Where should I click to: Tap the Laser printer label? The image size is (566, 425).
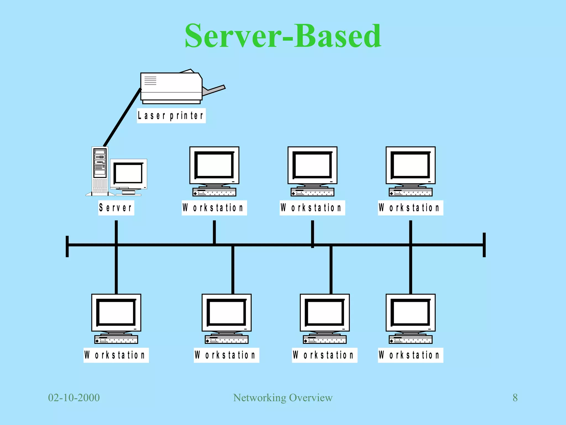[171, 116]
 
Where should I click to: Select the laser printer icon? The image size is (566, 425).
[171, 87]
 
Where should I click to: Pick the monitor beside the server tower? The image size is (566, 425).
[129, 174]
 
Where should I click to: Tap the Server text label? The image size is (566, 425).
[116, 208]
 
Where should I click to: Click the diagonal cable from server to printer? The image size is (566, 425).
[122, 118]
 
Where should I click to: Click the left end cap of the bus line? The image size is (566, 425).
[67, 246]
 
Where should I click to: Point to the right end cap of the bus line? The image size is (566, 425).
[484, 245]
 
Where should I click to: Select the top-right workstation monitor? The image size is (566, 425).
[410, 165]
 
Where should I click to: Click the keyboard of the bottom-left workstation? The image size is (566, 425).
[116, 340]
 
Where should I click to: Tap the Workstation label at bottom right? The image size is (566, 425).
[410, 355]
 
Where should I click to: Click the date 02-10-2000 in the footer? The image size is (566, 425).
[74, 398]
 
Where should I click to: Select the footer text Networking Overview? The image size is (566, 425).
[283, 398]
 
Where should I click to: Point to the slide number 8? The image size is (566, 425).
[515, 398]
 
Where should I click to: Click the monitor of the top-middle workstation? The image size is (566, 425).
[312, 165]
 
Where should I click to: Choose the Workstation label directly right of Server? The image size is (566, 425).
[214, 208]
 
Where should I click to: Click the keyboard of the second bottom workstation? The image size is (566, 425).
[227, 340]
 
